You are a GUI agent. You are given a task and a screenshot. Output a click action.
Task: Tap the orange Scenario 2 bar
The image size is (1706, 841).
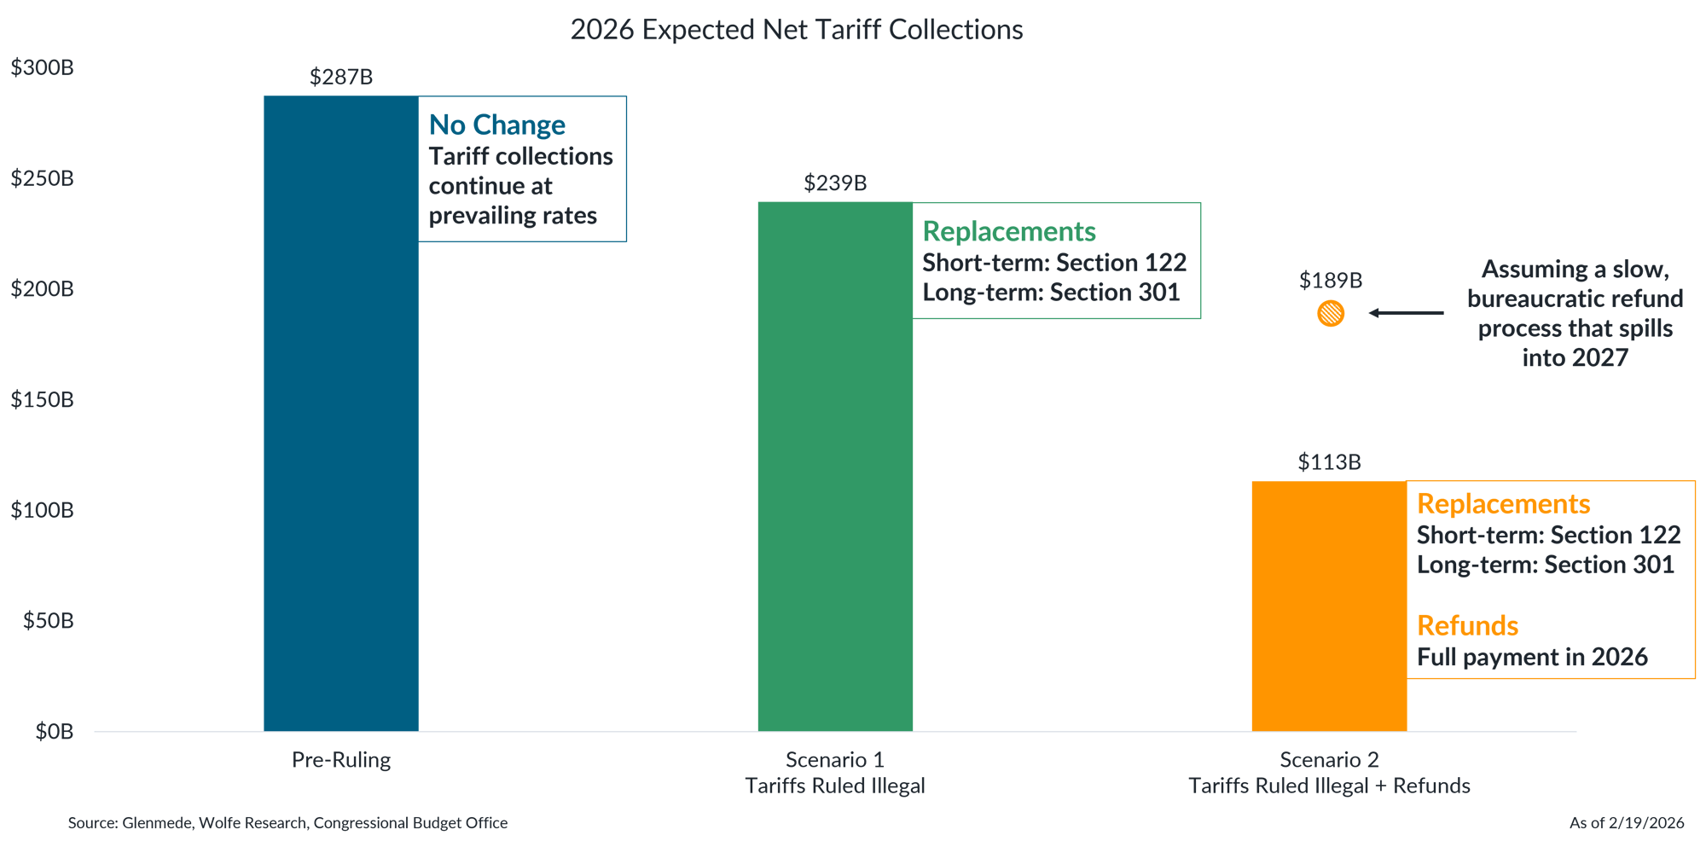click(1328, 606)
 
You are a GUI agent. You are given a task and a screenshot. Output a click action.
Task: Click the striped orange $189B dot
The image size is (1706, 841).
click(1331, 314)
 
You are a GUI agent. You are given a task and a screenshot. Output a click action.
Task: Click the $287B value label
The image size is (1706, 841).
click(341, 78)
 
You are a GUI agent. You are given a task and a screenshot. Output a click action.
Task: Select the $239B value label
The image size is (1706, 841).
click(835, 183)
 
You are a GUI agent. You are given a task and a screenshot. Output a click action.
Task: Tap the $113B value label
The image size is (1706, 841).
click(1329, 462)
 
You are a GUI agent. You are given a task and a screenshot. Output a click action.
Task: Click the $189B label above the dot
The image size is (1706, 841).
click(1331, 281)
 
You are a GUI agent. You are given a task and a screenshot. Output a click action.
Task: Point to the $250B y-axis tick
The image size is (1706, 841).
click(43, 178)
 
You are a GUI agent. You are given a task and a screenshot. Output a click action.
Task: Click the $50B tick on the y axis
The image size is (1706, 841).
click(49, 621)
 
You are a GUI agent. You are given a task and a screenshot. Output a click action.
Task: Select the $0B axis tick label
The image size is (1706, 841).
click(54, 732)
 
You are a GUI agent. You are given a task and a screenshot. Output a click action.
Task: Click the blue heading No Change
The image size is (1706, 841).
click(496, 125)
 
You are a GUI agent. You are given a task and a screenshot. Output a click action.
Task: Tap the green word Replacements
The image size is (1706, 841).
click(1009, 232)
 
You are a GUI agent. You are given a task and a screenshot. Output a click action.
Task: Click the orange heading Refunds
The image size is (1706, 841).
click(1467, 626)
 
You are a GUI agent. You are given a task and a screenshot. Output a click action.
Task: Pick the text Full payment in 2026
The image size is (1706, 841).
click(1532, 658)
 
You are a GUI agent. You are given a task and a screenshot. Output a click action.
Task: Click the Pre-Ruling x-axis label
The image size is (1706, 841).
click(341, 760)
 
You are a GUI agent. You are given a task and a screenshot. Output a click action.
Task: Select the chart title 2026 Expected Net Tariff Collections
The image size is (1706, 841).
click(796, 30)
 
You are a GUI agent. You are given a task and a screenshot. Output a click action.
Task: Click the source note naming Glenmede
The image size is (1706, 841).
click(287, 823)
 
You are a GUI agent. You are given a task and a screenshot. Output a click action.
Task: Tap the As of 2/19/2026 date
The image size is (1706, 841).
click(1627, 823)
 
